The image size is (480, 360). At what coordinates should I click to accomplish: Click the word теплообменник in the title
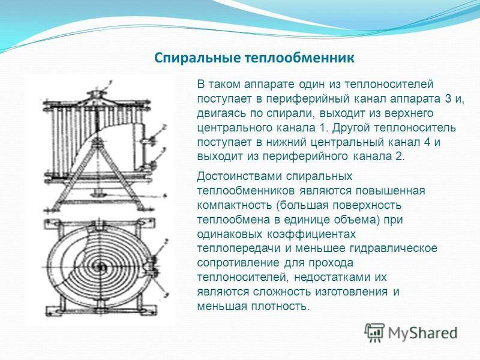point(299,58)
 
